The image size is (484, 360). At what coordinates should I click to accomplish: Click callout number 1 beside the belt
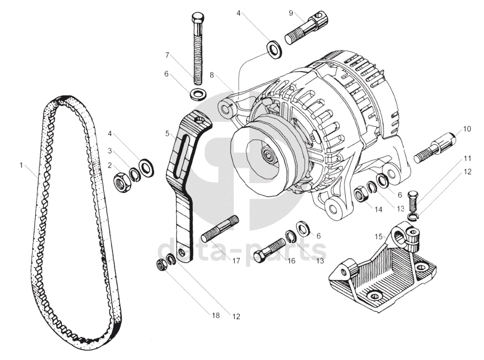click(x=21, y=165)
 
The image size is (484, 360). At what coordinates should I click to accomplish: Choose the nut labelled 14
click(x=360, y=194)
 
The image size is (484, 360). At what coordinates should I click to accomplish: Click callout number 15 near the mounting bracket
click(x=379, y=237)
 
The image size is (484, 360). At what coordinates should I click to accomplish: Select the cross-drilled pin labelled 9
click(x=306, y=27)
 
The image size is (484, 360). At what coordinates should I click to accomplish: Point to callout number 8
click(x=212, y=75)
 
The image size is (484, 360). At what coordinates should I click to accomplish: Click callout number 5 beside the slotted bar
click(x=168, y=134)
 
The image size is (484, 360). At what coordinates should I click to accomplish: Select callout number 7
click(x=168, y=55)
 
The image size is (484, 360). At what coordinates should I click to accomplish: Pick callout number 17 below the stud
click(x=236, y=261)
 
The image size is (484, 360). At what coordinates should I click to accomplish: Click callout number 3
click(x=109, y=150)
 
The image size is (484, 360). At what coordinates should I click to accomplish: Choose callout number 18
click(x=216, y=315)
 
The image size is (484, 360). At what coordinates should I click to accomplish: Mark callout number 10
click(x=467, y=129)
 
